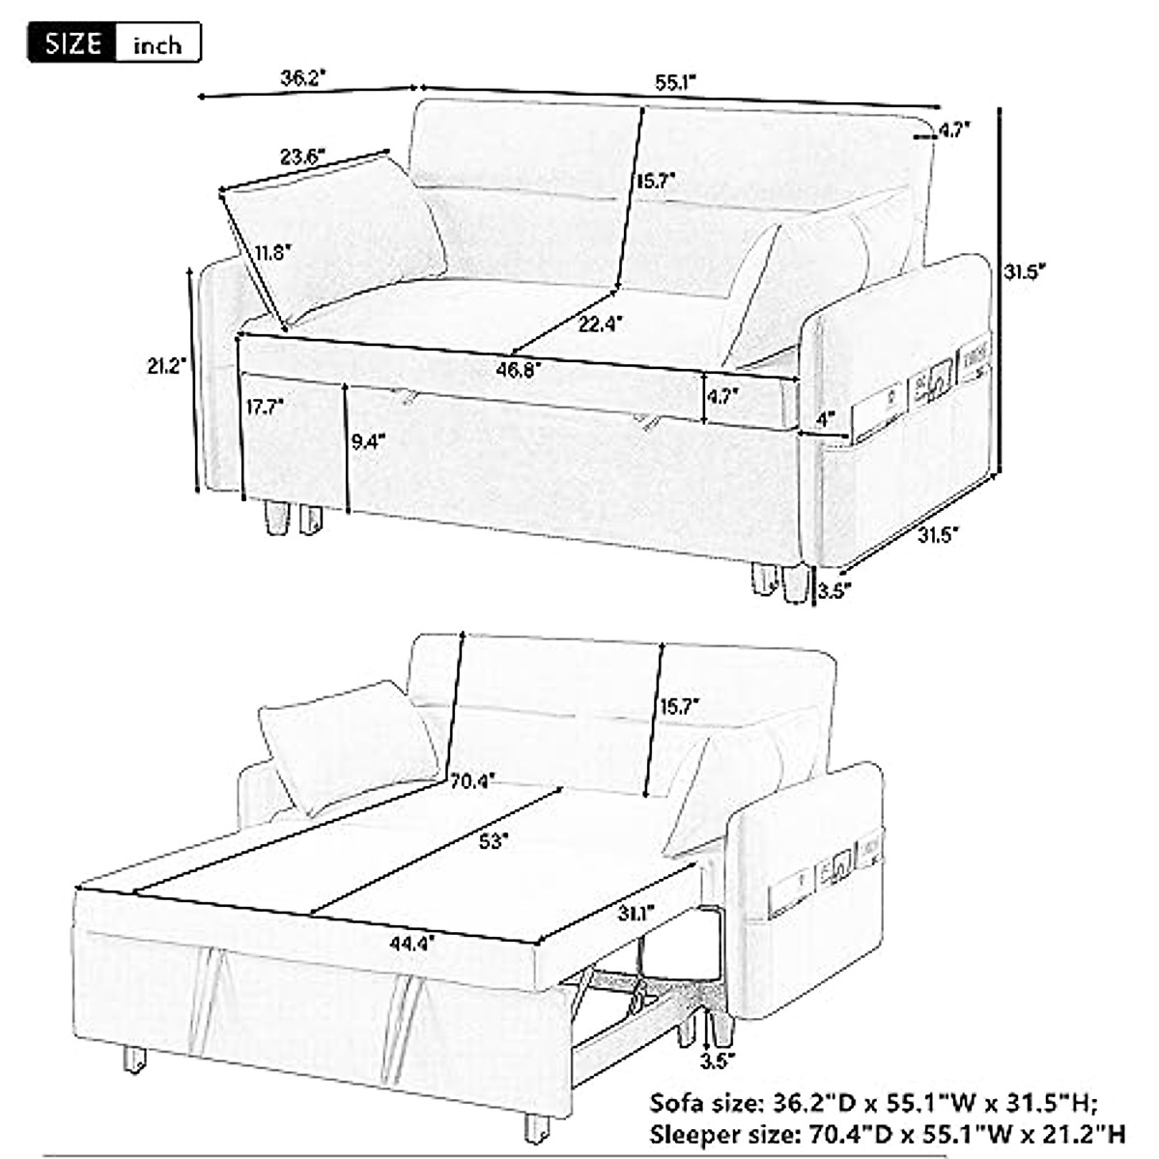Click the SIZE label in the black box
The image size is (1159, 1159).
[x=73, y=43]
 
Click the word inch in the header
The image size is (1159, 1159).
[x=156, y=45]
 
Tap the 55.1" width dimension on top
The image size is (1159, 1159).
[x=676, y=83]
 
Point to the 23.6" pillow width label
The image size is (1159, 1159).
[x=303, y=155]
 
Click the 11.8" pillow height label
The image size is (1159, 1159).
[x=272, y=253]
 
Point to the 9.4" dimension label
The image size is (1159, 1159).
[x=368, y=441]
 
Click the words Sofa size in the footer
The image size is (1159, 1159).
[x=704, y=1103]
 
